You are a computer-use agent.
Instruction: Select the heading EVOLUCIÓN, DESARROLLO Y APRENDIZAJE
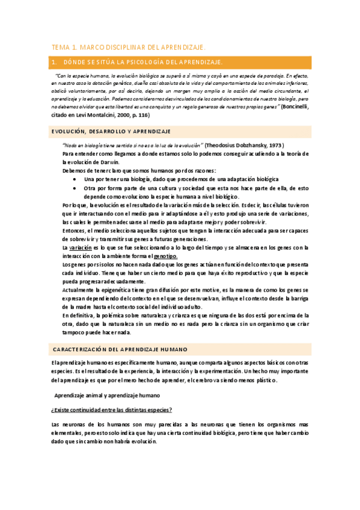pyautogui.click(x=111, y=131)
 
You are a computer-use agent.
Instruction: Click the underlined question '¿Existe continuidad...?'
pyautogui.click(x=112, y=410)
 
